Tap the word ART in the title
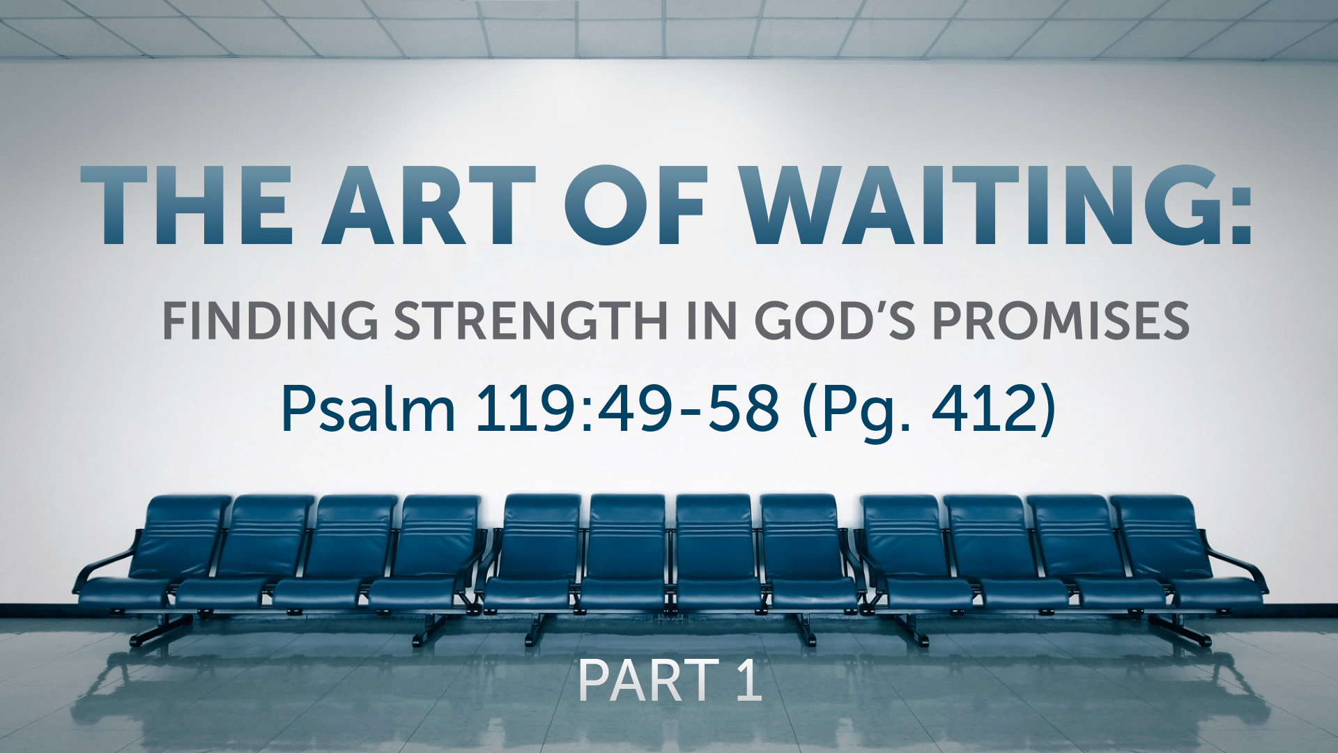pyautogui.click(x=428, y=206)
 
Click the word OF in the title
pyautogui.click(x=636, y=206)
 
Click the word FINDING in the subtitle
pyautogui.click(x=270, y=321)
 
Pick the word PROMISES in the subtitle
pyautogui.click(x=1061, y=321)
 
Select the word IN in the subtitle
pyautogui.click(x=712, y=321)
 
